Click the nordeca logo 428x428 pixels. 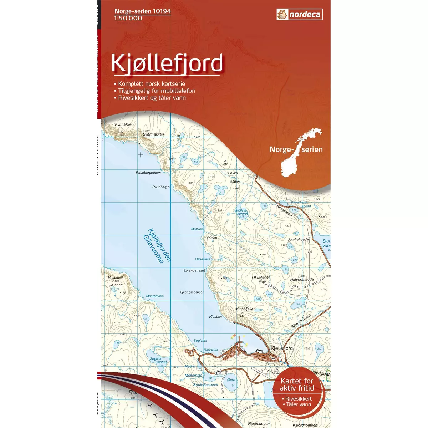pyautogui.click(x=299, y=15)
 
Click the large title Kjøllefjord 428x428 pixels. pyautogui.click(x=167, y=63)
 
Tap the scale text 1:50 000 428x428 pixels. pyautogui.click(x=128, y=18)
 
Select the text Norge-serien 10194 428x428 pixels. pyautogui.click(x=142, y=11)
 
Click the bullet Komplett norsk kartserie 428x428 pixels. pyautogui.click(x=151, y=83)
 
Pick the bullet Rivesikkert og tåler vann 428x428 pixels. pyautogui.click(x=152, y=98)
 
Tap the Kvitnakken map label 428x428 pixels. pyautogui.click(x=124, y=124)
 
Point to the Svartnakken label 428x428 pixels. pyautogui.click(x=153, y=134)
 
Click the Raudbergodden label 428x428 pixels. pyautogui.click(x=148, y=173)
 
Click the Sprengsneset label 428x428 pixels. pyautogui.click(x=194, y=271)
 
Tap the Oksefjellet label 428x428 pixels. pyautogui.click(x=261, y=277)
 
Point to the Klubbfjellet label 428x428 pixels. pyautogui.click(x=245, y=309)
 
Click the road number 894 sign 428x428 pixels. pyautogui.click(x=218, y=372)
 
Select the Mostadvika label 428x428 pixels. pyautogui.click(x=155, y=296)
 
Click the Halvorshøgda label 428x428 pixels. pyautogui.click(x=302, y=280)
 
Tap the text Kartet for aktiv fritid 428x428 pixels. pyautogui.click(x=297, y=384)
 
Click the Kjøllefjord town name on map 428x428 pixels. pyautogui.click(x=282, y=348)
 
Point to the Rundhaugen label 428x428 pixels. pyautogui.click(x=259, y=424)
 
